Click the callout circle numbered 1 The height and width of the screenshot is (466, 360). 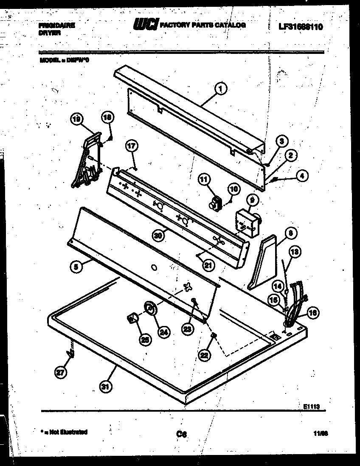click(x=221, y=88)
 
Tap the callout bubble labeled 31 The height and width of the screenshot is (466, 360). click(x=104, y=386)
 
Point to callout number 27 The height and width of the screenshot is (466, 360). click(x=61, y=373)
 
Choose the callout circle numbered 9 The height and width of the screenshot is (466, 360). click(x=251, y=199)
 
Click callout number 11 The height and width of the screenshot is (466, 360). click(x=205, y=180)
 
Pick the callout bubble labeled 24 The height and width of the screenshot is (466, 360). click(x=163, y=332)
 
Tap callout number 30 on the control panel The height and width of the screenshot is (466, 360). click(x=158, y=236)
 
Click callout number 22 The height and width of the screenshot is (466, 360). click(x=205, y=354)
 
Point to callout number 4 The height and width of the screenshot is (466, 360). click(x=302, y=175)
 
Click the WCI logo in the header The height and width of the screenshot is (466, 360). click(x=145, y=26)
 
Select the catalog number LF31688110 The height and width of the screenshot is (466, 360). click(x=301, y=27)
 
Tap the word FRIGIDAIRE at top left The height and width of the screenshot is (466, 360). click(x=56, y=25)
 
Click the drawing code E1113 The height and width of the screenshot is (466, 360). click(x=311, y=406)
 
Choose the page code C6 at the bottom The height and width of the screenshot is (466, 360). click(x=182, y=434)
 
